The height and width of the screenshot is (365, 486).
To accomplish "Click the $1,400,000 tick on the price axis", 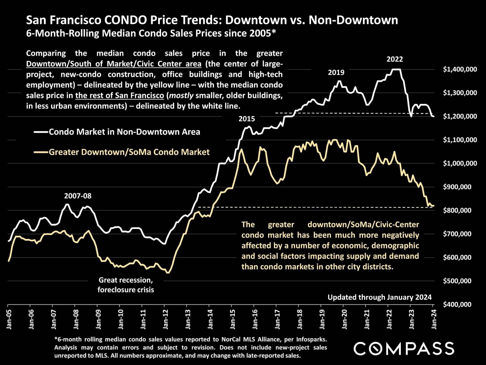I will tap(460, 69).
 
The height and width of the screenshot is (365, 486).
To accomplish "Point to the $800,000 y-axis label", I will tap(457, 210).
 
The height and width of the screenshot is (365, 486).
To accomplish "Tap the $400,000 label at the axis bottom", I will tap(457, 304).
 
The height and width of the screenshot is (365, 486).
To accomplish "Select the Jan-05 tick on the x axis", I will tap(9, 319).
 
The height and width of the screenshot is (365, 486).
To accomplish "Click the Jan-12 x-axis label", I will tap(166, 319).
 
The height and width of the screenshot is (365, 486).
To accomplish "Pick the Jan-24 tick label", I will tap(434, 319).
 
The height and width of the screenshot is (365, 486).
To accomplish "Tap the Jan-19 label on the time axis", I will tap(322, 319).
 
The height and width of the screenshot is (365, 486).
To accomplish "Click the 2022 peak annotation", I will tap(395, 59).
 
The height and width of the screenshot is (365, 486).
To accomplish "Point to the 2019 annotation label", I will tap(336, 73).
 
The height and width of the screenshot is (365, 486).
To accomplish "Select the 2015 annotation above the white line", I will tap(247, 119).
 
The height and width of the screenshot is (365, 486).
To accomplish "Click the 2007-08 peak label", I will tap(78, 196).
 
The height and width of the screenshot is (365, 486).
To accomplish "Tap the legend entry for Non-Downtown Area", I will tap(124, 132).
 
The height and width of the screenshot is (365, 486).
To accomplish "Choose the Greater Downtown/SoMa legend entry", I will tap(129, 152).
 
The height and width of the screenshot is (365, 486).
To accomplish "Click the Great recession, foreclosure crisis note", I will tap(126, 285).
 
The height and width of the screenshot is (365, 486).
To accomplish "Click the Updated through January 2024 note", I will tap(379, 297).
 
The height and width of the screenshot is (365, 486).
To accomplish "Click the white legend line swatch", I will tap(41, 132).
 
